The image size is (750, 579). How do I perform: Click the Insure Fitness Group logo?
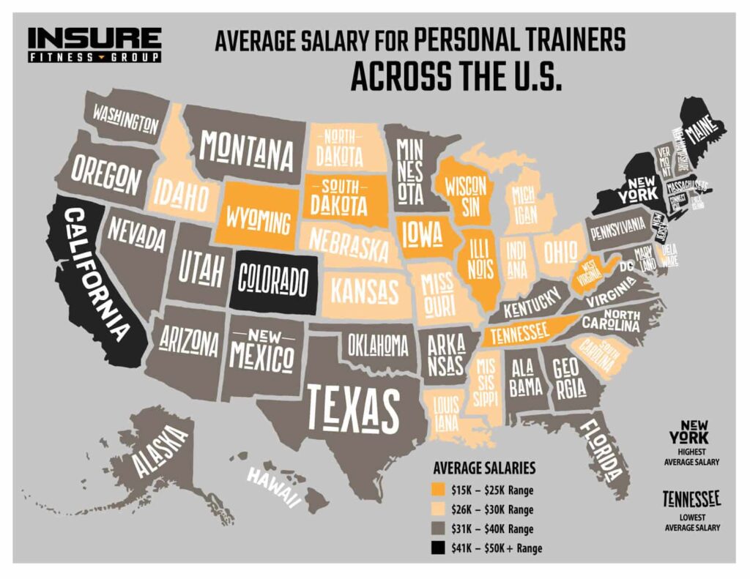pyautogui.click(x=94, y=44)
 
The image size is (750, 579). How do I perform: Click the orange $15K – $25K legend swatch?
pyautogui.click(x=439, y=489)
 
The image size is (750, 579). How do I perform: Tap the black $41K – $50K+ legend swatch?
pyautogui.click(x=439, y=548)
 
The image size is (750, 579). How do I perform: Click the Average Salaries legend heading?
pyautogui.click(x=484, y=468)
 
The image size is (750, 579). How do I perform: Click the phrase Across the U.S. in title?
pyautogui.click(x=456, y=75)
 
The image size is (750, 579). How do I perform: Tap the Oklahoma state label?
pyautogui.click(x=377, y=344)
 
